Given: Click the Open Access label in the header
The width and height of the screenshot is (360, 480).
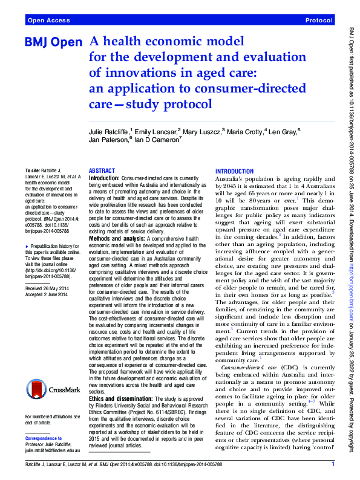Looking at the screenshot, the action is click(x=49, y=21).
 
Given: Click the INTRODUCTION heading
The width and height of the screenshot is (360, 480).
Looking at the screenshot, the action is click(x=235, y=172).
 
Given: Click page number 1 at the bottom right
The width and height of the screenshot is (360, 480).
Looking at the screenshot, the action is click(x=333, y=464).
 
